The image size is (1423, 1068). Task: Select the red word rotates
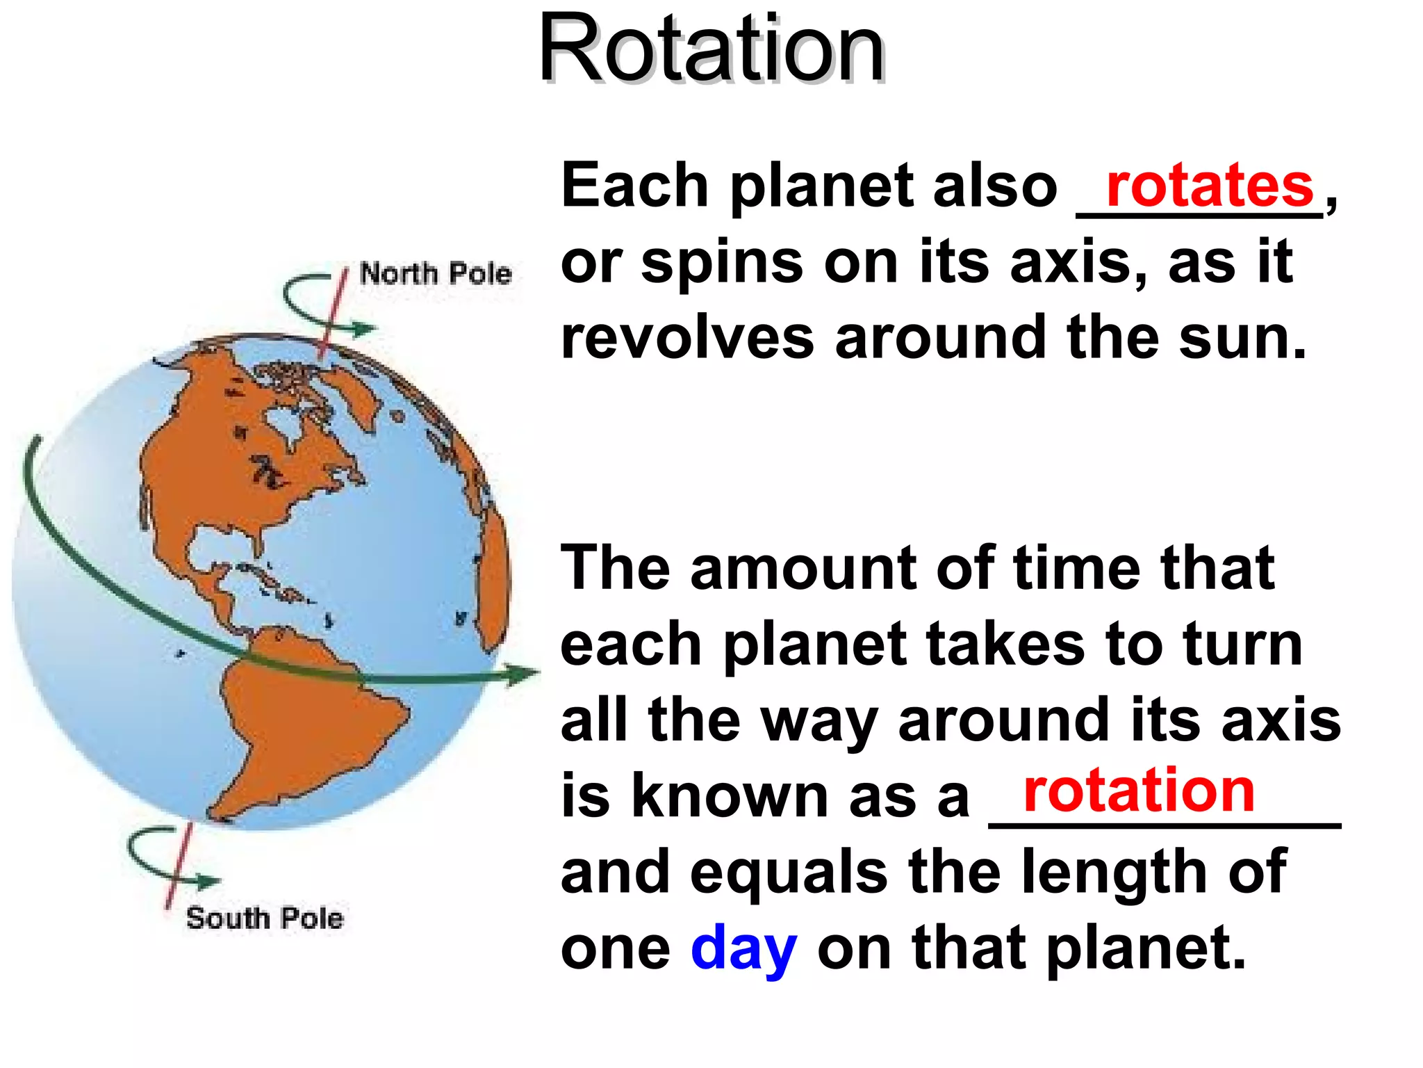click(1209, 186)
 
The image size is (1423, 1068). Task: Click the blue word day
click(743, 948)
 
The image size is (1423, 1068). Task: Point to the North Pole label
click(436, 273)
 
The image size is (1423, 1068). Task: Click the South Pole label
click(265, 918)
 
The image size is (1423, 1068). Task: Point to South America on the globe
click(306, 723)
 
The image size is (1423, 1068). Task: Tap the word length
click(1119, 873)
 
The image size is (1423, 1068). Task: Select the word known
click(730, 797)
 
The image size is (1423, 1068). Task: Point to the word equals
click(788, 873)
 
